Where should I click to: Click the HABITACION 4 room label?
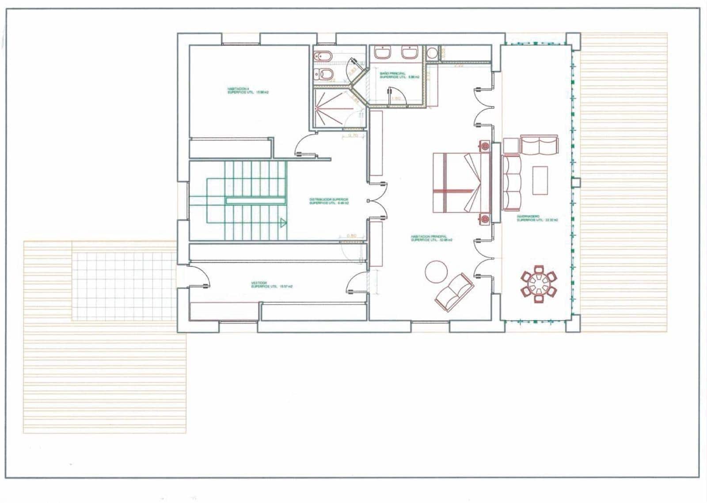[248, 91]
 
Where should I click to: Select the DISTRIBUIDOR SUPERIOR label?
[329, 201]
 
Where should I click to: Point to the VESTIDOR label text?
[271, 285]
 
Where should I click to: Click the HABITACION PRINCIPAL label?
[431, 238]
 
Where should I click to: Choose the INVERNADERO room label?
[537, 218]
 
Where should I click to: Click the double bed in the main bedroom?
[460, 182]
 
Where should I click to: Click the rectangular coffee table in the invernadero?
[540, 180]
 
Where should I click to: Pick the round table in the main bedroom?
[436, 271]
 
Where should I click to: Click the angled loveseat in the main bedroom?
[454, 291]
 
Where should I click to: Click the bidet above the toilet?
[322, 56]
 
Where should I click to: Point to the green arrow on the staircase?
[282, 223]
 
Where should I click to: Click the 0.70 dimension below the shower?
[353, 136]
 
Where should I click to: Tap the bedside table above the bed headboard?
[485, 145]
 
